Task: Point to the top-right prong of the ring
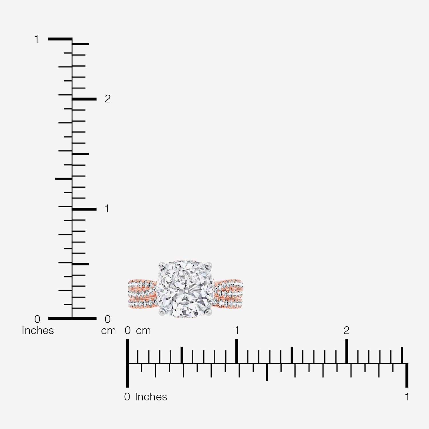click(x=209, y=265)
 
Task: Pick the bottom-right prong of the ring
click(x=209, y=312)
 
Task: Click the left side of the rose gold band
click(x=142, y=294)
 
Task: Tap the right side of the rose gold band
click(x=229, y=294)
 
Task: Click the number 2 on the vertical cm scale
click(x=108, y=99)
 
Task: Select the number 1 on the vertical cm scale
click(x=107, y=209)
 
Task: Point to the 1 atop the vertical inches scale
click(x=36, y=39)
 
